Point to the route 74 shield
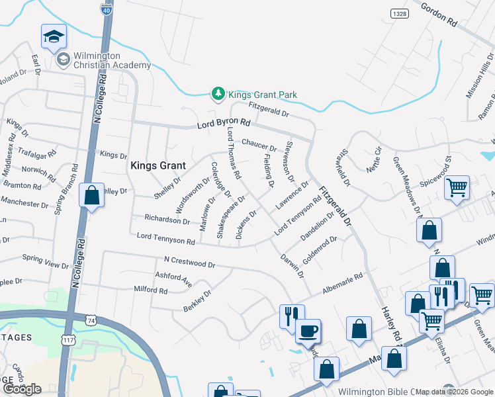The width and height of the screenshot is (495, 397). (x=90, y=320)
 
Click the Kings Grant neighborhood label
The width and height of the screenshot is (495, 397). (x=157, y=165)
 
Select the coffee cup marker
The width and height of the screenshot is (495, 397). (x=308, y=330)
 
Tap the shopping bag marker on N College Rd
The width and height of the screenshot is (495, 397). (x=91, y=196)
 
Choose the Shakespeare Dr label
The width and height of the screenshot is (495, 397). (x=232, y=216)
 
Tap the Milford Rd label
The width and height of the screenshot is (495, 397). (x=150, y=290)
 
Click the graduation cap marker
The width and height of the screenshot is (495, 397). (x=54, y=36)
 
